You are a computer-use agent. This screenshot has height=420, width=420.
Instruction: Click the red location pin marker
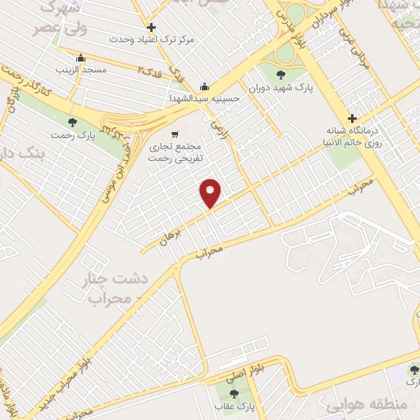(212, 193)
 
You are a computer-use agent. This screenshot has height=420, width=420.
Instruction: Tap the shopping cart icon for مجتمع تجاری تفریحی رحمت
(175, 134)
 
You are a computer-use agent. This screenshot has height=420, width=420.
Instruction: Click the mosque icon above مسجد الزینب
(80, 58)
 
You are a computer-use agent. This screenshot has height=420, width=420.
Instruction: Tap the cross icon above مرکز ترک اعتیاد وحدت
(152, 27)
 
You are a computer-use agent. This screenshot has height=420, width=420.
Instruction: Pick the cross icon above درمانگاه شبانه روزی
(353, 117)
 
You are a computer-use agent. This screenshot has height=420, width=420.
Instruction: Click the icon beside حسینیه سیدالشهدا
(204, 87)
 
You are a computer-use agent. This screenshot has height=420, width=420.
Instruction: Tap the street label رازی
(220, 129)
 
